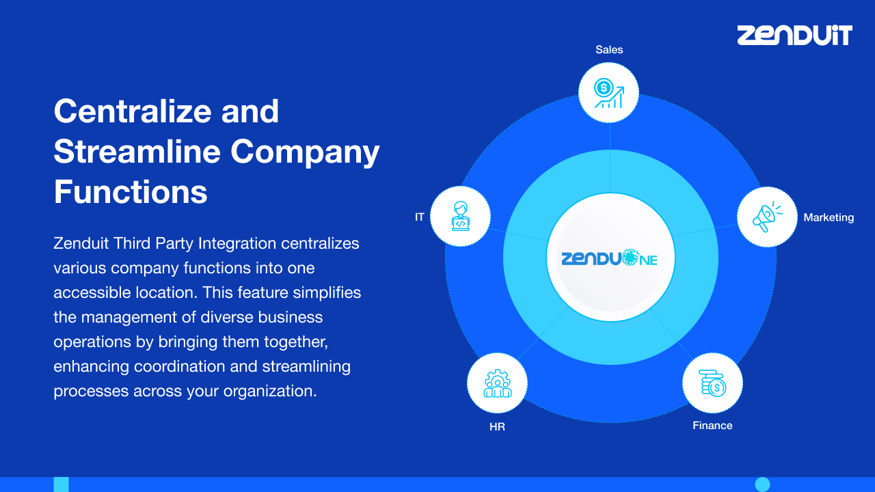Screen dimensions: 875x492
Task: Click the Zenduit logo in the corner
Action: click(x=794, y=35)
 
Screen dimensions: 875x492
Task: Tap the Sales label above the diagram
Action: click(x=609, y=50)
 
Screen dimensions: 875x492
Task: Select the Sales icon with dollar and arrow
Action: click(x=608, y=93)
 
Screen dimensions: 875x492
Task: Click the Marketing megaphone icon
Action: click(x=767, y=217)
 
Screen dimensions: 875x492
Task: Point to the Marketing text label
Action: click(x=829, y=217)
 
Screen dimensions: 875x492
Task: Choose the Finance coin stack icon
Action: click(x=712, y=383)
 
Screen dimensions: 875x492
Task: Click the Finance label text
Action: click(x=712, y=426)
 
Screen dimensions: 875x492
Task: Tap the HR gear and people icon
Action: click(x=497, y=383)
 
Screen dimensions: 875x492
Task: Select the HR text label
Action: click(x=497, y=428)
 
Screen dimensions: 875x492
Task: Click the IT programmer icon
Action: click(x=460, y=217)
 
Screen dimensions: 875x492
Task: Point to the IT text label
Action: click(x=420, y=217)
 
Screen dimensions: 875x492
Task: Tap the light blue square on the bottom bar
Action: click(x=61, y=484)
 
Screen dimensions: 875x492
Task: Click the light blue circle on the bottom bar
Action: click(x=762, y=484)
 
